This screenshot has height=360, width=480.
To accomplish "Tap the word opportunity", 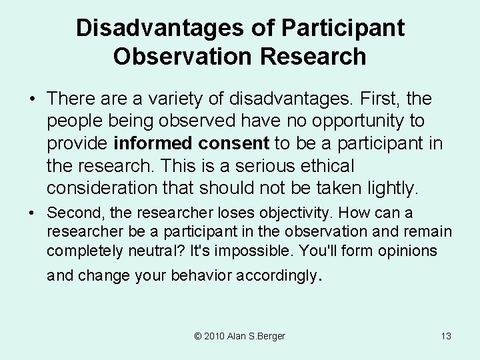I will pos(351,121).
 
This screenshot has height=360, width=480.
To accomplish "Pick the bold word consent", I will pos(232,143).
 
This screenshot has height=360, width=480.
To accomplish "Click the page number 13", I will pos(446,336).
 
